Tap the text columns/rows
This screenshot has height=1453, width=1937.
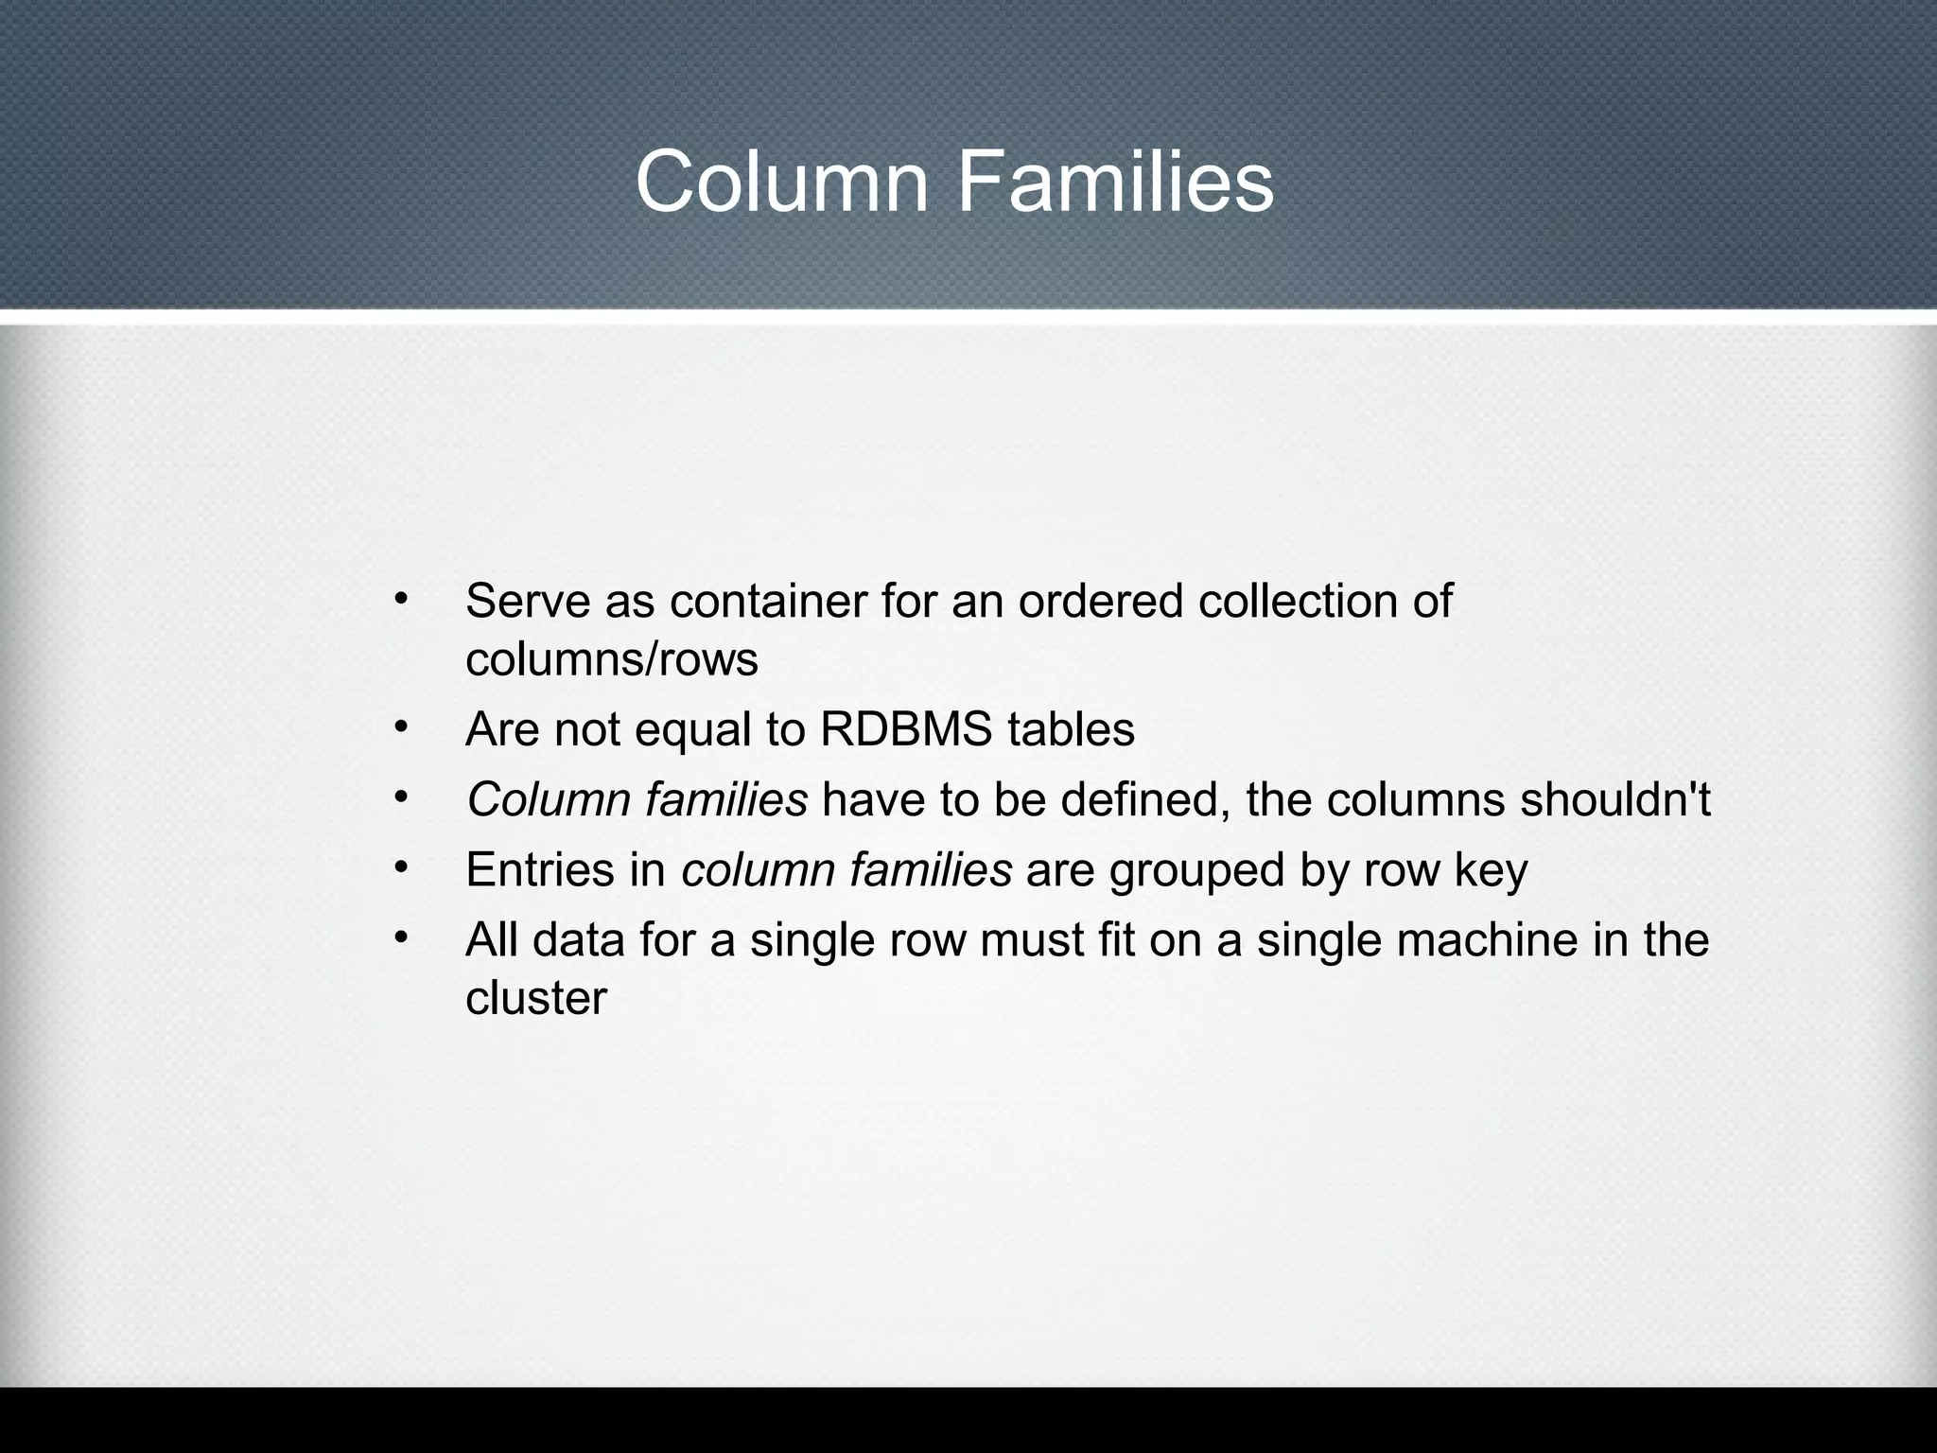tap(611, 659)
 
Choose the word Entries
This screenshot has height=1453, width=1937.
tap(539, 870)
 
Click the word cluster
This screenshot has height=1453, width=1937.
tap(535, 998)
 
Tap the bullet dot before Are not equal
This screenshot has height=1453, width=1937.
tap(401, 726)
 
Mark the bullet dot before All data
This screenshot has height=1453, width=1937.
tap(401, 937)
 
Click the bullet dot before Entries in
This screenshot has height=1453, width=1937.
tap(401, 867)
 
